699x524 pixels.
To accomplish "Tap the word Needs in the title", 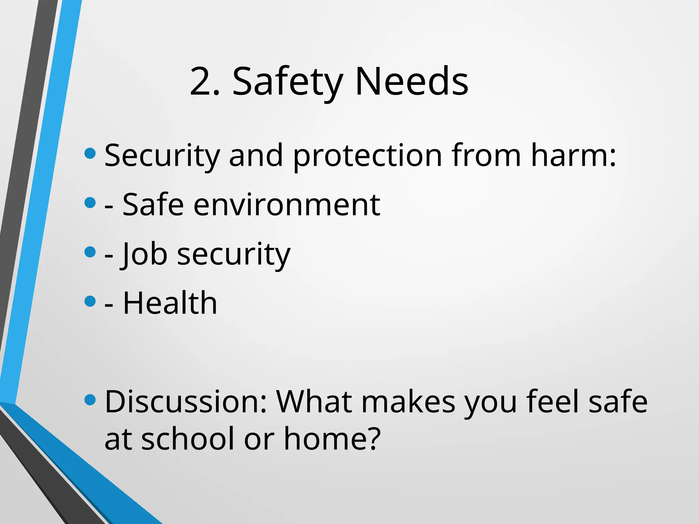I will tap(412, 82).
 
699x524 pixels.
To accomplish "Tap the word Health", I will tap(170, 303).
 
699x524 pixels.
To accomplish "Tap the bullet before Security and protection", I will tap(90, 153).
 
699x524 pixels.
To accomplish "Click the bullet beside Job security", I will tap(90, 252).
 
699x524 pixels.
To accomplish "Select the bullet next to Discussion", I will tap(90, 399).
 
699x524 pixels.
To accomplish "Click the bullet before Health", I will tap(90, 301).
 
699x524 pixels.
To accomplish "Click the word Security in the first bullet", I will tap(162, 156).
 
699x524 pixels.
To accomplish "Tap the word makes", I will tap(408, 402).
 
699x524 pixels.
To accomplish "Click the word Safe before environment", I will tap(153, 205).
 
